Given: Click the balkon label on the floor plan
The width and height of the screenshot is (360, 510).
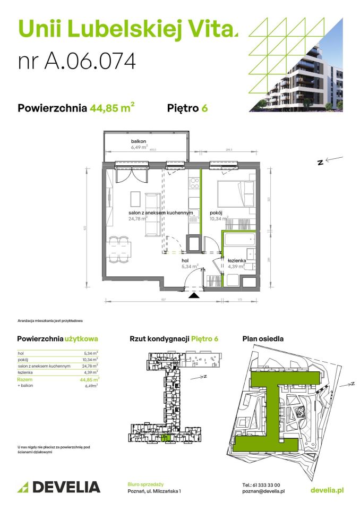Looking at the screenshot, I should click(x=139, y=141).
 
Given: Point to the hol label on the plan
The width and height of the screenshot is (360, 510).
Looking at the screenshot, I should click(x=185, y=261).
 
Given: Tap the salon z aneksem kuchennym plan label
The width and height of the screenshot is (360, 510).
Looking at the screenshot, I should click(x=160, y=212).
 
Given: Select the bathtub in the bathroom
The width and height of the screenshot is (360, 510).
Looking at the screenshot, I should click(x=239, y=241).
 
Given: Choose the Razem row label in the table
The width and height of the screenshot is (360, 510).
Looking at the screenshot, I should click(x=24, y=380).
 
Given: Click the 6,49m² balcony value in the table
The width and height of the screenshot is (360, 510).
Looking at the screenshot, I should click(x=92, y=386).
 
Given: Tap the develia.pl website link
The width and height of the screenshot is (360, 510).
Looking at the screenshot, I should click(x=326, y=489).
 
